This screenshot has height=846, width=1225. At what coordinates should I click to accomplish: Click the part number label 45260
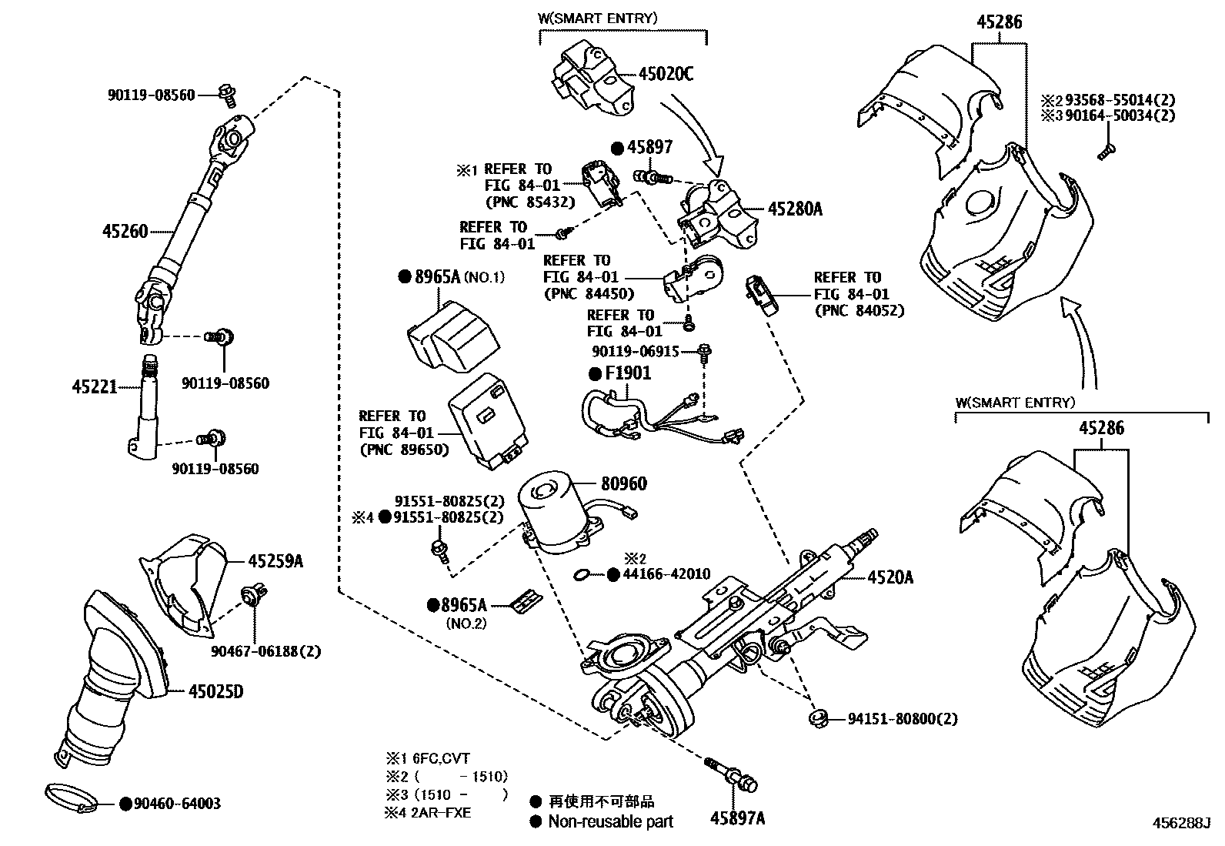pos(125,230)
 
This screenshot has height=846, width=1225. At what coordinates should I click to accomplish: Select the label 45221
pos(95,386)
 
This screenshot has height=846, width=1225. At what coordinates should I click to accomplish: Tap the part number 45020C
pos(666,74)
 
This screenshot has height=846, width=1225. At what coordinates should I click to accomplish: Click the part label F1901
pos(628,373)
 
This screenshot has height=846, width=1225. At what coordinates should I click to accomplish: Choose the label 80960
pos(623,483)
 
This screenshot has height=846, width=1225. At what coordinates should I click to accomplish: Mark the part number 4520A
pos(890,577)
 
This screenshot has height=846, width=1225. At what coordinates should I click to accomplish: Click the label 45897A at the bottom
pos(738,818)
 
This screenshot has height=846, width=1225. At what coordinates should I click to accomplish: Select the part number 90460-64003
pos(177,804)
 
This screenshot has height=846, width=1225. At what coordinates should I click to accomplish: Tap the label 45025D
pos(215,691)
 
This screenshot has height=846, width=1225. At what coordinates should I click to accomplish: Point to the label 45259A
pos(275,561)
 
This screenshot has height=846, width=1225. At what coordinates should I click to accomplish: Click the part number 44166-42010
pos(666,574)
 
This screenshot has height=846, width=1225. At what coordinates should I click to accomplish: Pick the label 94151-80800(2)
pos(903,719)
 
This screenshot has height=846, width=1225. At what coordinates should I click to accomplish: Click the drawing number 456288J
pos(1181,822)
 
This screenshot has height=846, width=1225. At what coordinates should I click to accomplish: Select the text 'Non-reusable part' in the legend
pos(610,821)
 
